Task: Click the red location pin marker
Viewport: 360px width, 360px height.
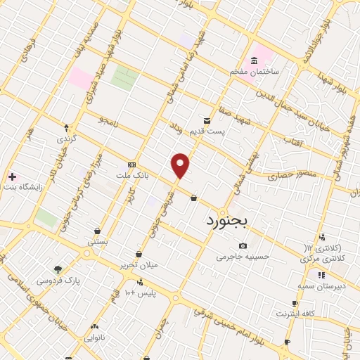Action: pyautogui.click(x=181, y=165)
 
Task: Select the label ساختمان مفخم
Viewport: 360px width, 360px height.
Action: pyautogui.click(x=255, y=72)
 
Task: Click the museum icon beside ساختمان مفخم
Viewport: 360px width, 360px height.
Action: pyautogui.click(x=253, y=61)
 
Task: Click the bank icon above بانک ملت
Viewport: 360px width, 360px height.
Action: pyautogui.click(x=131, y=163)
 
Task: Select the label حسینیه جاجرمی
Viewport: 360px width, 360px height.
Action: pyautogui.click(x=243, y=257)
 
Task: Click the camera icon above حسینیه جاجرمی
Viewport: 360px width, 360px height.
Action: pyautogui.click(x=243, y=246)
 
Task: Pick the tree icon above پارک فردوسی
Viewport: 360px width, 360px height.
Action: pyautogui.click(x=58, y=269)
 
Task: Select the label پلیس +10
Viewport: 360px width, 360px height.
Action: pyautogui.click(x=140, y=292)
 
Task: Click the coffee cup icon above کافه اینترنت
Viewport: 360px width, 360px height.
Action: pyautogui.click(x=295, y=304)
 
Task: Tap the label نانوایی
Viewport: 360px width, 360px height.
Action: pyautogui.click(x=94, y=337)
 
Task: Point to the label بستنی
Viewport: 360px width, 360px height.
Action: pyautogui.click(x=97, y=240)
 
